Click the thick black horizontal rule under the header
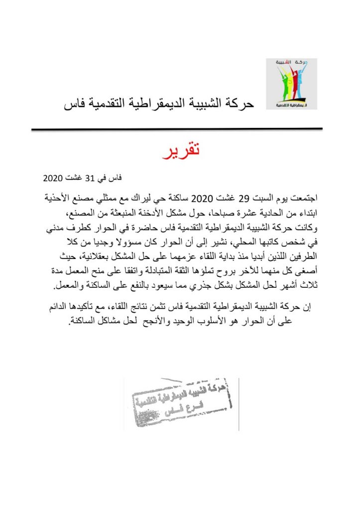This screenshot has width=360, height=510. click(177, 128)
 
